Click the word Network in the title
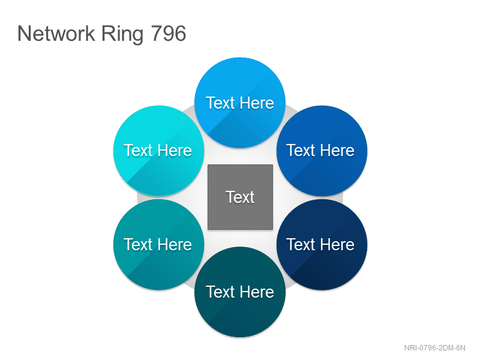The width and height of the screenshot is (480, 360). tap(56, 34)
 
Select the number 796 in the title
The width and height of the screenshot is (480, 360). tap(169, 34)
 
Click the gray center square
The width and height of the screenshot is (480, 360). tap(241, 197)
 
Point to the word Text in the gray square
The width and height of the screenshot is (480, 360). tap(241, 197)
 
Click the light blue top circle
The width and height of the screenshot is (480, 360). tap(240, 103)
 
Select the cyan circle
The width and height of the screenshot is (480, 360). tap(158, 151)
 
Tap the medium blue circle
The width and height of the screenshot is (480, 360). tap(322, 151)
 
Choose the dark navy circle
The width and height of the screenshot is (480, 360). tap(322, 244)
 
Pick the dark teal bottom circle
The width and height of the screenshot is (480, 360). tap(240, 292)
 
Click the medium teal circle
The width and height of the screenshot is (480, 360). tap(158, 244)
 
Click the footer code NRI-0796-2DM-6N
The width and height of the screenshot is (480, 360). tap(434, 348)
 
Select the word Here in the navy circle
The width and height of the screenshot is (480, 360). tap(338, 244)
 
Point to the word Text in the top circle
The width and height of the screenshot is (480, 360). tap(220, 103)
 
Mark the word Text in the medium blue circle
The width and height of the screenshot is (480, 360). tap(301, 151)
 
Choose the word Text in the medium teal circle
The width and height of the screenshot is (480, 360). tap(138, 244)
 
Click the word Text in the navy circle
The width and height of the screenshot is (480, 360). tap(301, 244)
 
